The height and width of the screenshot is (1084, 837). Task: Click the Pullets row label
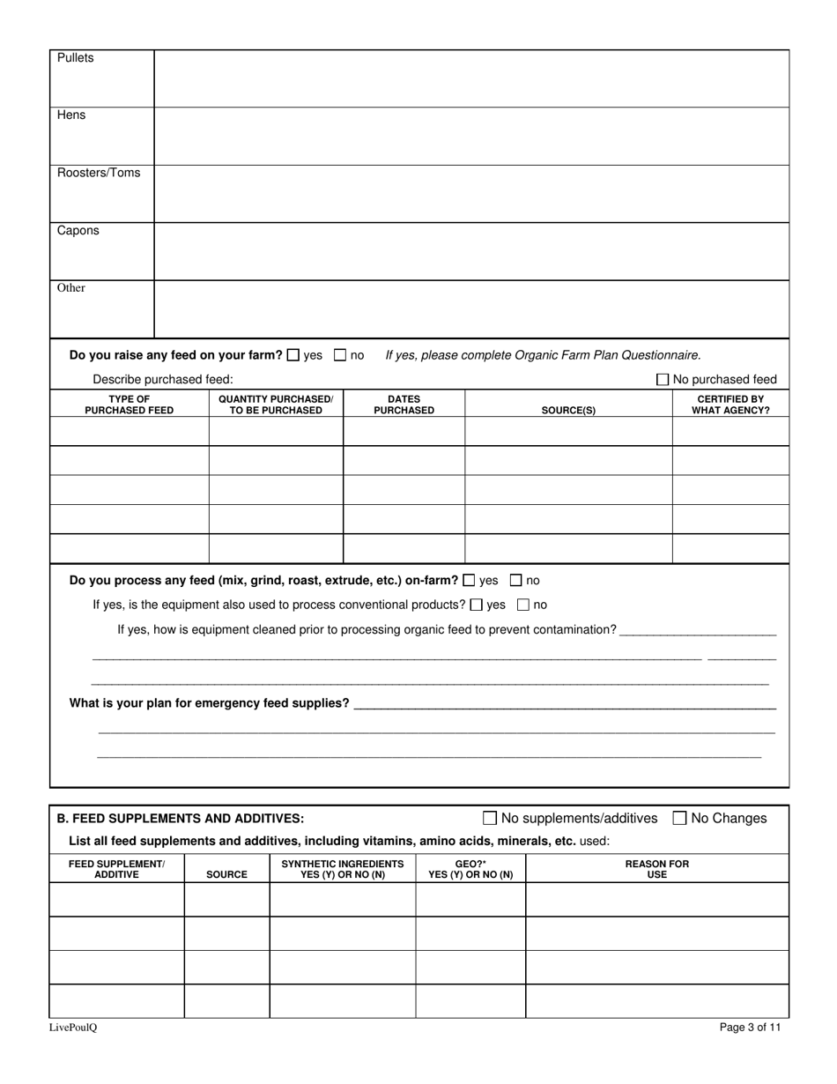75,58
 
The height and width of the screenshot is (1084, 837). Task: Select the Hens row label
71,115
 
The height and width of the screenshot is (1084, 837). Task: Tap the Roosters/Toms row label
99,173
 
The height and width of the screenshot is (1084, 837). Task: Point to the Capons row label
78,231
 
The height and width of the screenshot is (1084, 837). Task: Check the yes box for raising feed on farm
293,355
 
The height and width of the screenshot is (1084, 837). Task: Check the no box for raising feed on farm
340,355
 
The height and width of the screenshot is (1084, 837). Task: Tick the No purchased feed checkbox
663,380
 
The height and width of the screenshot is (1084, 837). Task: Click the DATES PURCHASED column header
404,405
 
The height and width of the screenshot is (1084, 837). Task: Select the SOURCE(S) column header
568,411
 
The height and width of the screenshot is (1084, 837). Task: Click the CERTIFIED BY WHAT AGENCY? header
730,405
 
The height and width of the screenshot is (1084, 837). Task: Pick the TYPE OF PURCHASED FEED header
129,405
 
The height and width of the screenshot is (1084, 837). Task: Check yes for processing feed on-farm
469,581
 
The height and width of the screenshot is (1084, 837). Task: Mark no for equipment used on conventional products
523,605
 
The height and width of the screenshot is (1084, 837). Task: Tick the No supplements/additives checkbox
490,818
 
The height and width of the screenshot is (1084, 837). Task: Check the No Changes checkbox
679,818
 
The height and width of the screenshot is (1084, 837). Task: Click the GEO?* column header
470,869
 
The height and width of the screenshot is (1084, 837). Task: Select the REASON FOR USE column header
657,869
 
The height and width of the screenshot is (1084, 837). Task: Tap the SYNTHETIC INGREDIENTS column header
342,869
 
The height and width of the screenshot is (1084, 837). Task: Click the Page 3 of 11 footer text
750,1027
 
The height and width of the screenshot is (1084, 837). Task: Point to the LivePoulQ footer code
73,1028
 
